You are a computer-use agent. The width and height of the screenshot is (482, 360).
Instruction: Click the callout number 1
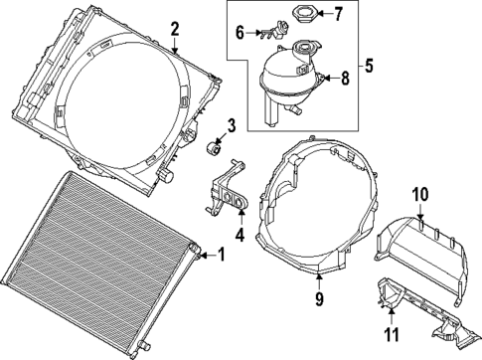221,256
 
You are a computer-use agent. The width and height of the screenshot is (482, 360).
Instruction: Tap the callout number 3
230,125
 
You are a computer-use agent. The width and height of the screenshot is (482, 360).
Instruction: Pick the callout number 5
369,68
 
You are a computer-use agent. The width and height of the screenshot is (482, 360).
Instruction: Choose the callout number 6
241,34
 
